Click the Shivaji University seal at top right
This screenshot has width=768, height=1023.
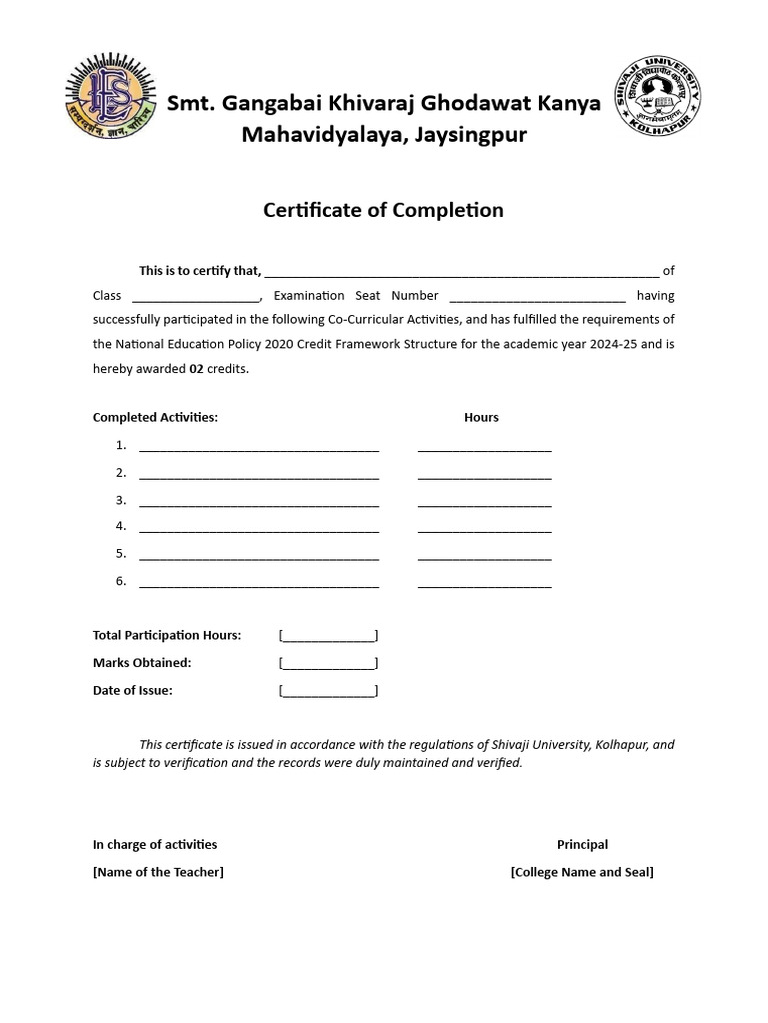[656, 101]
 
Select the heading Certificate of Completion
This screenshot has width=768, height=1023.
[383, 210]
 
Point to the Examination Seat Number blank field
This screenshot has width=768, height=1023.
[538, 296]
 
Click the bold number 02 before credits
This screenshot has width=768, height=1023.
[197, 369]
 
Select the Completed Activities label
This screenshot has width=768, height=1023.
[155, 417]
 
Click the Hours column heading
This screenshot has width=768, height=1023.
[481, 417]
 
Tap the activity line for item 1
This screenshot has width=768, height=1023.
[259, 447]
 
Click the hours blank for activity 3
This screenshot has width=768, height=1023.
[484, 502]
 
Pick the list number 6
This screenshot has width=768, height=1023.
[121, 581]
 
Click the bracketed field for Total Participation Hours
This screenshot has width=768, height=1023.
[328, 636]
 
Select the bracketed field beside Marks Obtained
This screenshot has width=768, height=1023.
[328, 663]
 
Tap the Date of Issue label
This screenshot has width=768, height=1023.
[133, 690]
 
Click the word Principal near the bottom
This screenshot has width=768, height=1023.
[582, 845]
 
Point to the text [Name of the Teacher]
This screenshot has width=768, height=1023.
[158, 872]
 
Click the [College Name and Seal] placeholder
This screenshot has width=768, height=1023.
[581, 872]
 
